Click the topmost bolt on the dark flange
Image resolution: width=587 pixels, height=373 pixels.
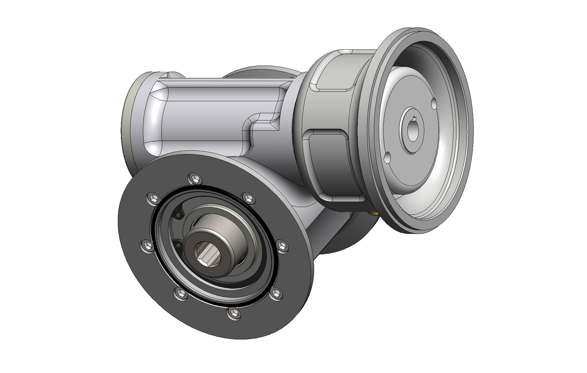[195, 178]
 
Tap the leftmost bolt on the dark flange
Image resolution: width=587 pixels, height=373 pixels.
[147, 245]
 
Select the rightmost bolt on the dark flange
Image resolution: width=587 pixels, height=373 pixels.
[282, 246]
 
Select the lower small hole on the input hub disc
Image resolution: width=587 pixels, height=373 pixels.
[387, 157]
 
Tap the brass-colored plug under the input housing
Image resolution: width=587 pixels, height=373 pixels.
[373, 213]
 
